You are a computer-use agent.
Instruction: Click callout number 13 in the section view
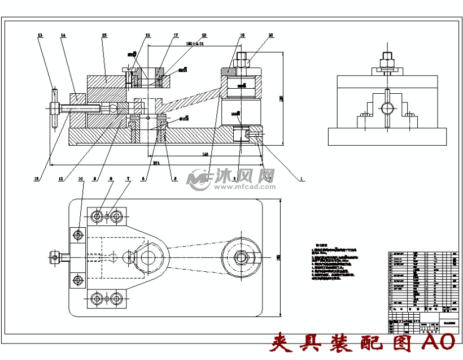(40, 36)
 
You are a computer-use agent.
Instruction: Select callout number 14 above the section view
(63, 36)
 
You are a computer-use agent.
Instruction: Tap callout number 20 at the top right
(271, 36)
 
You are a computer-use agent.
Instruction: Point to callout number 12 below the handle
(37, 179)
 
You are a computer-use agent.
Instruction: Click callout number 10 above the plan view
(81, 179)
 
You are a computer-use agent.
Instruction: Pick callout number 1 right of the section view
(302, 179)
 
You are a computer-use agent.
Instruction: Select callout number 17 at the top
(176, 36)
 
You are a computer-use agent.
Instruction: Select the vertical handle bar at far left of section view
(54, 107)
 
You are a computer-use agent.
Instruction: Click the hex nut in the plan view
(242, 257)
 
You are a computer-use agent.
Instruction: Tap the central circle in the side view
(387, 108)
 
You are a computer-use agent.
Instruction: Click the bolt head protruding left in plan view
(55, 258)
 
